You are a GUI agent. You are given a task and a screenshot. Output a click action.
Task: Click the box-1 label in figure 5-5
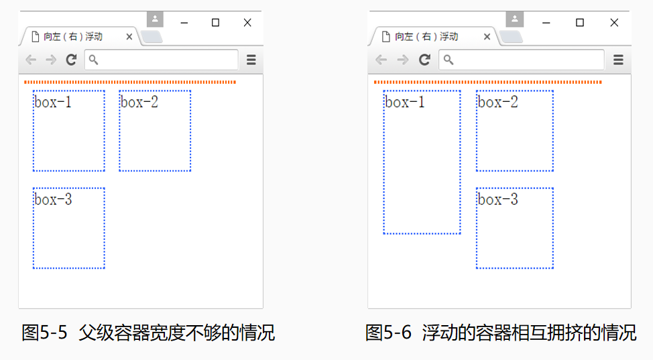click(x=53, y=102)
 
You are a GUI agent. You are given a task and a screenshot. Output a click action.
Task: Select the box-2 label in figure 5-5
click(x=139, y=102)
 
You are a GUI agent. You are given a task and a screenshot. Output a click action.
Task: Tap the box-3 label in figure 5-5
click(x=53, y=200)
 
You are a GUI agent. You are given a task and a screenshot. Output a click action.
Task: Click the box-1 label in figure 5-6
click(x=404, y=102)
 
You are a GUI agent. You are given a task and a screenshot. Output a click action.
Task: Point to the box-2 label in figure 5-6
click(x=497, y=102)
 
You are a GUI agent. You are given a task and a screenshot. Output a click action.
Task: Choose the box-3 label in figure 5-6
click(x=497, y=200)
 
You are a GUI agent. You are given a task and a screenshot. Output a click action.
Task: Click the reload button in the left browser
click(x=71, y=60)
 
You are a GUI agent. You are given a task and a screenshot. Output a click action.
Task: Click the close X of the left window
click(x=247, y=23)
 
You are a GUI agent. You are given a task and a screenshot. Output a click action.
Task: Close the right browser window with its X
click(x=614, y=23)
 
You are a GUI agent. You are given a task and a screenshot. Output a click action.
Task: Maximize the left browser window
click(x=215, y=23)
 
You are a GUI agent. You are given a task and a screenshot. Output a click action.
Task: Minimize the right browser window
click(x=546, y=23)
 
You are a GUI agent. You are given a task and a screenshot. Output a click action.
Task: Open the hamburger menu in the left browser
click(x=251, y=60)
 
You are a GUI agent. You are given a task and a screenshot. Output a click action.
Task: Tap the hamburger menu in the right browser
click(x=618, y=60)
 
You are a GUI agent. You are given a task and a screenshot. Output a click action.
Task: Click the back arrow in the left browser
click(x=31, y=60)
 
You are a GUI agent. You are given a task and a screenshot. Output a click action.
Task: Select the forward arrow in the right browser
click(x=402, y=60)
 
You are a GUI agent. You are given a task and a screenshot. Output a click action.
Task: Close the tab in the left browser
click(x=129, y=37)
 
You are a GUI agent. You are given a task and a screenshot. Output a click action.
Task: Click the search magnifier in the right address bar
click(x=448, y=60)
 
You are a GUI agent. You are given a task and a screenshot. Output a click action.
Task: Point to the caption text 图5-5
click(x=44, y=333)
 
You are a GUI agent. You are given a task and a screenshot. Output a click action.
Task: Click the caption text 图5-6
click(x=389, y=333)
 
